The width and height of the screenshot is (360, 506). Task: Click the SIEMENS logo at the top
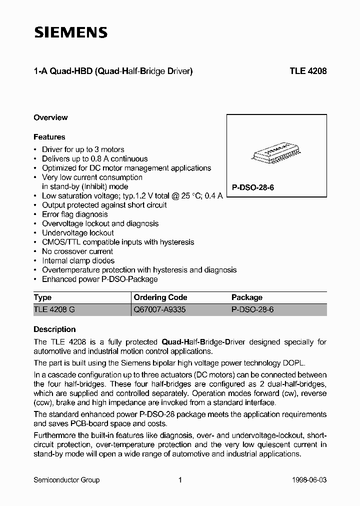click(70, 32)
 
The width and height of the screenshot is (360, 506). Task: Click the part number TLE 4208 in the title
click(308, 71)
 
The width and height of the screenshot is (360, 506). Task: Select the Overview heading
click(50, 117)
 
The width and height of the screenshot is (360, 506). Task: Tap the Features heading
click(49, 137)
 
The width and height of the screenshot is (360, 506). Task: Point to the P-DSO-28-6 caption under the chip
click(253, 187)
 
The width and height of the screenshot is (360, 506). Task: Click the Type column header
click(42, 297)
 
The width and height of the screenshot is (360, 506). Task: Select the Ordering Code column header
click(160, 297)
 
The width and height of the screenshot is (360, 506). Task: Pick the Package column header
click(247, 297)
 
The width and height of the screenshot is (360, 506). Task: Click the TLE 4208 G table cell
click(54, 310)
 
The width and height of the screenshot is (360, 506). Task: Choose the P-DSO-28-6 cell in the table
click(252, 310)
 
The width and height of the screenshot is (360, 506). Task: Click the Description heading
click(54, 329)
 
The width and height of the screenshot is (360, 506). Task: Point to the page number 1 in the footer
click(179, 480)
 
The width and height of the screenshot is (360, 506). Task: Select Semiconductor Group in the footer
click(66, 480)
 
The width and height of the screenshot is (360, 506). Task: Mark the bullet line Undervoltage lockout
click(78, 233)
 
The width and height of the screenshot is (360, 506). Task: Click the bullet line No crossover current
click(77, 251)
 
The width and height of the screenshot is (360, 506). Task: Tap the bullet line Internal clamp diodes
click(78, 260)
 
